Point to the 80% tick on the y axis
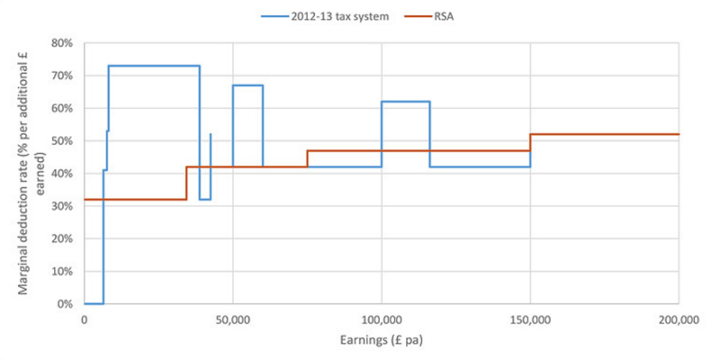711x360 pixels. pyautogui.click(x=61, y=42)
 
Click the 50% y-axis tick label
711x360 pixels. pyautogui.click(x=61, y=140)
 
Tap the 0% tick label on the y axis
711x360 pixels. pyautogui.click(x=65, y=303)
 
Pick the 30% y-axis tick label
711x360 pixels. pyautogui.click(x=61, y=206)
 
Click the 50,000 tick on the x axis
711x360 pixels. pyautogui.click(x=233, y=319)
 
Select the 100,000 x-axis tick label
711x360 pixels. pyautogui.click(x=382, y=319)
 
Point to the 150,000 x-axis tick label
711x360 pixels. pyautogui.click(x=530, y=319)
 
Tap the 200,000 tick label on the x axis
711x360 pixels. pyautogui.click(x=679, y=319)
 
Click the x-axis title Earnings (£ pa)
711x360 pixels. pyautogui.click(x=382, y=341)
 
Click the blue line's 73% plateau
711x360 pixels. pyautogui.click(x=153, y=66)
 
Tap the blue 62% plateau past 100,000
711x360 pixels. pyautogui.click(x=405, y=102)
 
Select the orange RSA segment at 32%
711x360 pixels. pyautogui.click(x=135, y=199)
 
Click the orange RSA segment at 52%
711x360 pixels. pyautogui.click(x=603, y=134)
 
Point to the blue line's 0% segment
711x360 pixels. pyautogui.click(x=94, y=303)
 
